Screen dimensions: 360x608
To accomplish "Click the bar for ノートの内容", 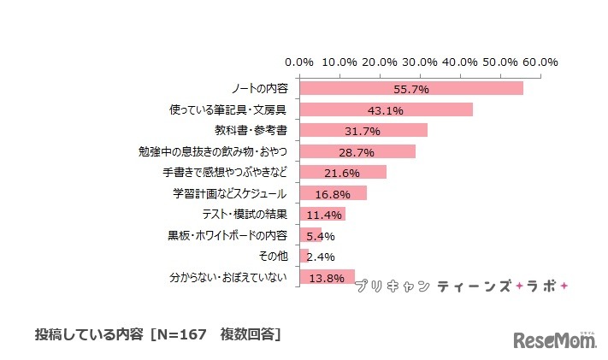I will pyautogui.click(x=410, y=89).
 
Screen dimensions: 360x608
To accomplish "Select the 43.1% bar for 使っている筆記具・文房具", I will pyautogui.click(x=385, y=109).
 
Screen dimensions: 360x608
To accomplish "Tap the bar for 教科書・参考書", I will pyautogui.click(x=363, y=130).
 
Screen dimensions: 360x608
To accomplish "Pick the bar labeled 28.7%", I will pyautogui.click(x=357, y=151).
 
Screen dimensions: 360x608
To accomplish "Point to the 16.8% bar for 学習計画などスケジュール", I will pyautogui.click(x=333, y=193).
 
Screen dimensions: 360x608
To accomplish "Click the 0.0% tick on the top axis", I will pyautogui.click(x=299, y=62).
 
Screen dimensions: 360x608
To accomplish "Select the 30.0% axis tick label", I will pyautogui.click(x=420, y=62).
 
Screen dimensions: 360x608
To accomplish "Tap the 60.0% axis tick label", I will pyautogui.click(x=540, y=62).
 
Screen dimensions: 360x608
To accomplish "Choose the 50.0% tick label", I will pyautogui.click(x=500, y=62).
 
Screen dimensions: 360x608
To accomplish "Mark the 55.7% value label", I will pyautogui.click(x=411, y=89).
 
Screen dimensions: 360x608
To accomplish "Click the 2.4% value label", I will pyautogui.click(x=322, y=257).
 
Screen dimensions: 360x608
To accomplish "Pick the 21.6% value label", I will pyautogui.click(x=343, y=173).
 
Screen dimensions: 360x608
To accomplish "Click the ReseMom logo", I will pyautogui.click(x=554, y=341).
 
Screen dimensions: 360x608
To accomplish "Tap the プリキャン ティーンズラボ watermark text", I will pyautogui.click(x=466, y=286).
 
